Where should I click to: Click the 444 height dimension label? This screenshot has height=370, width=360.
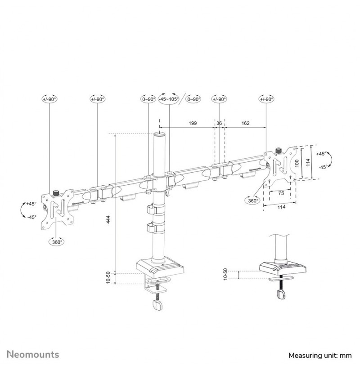pos(108,219)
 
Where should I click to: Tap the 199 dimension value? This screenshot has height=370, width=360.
pos(193,123)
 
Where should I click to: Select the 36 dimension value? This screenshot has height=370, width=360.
pos(219,123)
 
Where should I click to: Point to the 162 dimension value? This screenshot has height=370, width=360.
pos(245,123)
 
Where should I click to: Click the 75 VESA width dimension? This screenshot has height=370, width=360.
pos(281,193)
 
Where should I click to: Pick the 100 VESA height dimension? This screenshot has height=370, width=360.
pos(297,163)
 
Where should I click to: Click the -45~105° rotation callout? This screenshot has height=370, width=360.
pos(168,99)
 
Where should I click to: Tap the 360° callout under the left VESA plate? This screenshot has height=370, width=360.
pos(57,241)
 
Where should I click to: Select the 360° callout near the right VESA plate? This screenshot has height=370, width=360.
pos(252,201)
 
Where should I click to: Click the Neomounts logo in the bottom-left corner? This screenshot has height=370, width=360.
pos(33,354)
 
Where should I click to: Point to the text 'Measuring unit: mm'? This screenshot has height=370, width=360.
pos(320,355)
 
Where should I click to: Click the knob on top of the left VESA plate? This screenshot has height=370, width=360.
pos(56,193)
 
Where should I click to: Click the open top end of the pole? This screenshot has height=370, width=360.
pos(160,134)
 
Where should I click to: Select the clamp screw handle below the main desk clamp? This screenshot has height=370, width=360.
pos(158,305)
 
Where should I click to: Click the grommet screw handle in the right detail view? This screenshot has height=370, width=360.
pos(281,295)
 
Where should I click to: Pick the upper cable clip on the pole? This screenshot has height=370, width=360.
pos(151,210)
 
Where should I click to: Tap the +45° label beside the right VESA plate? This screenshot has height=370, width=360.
pos(321,154)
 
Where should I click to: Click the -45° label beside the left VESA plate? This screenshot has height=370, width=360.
pos(31,217)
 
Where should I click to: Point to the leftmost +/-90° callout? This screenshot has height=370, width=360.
pos(49,99)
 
